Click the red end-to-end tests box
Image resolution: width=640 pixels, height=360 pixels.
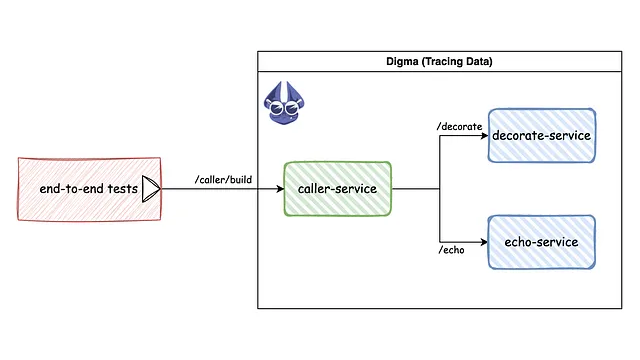tap(89, 188)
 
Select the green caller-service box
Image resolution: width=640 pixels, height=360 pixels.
tap(337, 188)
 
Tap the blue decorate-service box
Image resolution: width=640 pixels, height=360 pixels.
tap(542, 136)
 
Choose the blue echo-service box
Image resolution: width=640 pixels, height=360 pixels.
tap(542, 242)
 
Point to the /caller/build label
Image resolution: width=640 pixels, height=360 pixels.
tap(223, 180)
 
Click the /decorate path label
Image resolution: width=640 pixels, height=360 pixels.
tap(460, 126)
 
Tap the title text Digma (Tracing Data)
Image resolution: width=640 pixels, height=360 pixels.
tap(439, 62)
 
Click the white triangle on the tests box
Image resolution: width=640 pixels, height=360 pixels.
tap(151, 188)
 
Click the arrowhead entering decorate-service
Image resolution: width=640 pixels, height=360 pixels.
tap(483, 136)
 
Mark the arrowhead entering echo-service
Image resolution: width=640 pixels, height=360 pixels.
tap(483, 242)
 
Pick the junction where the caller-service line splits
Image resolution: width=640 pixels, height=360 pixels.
tap(440, 188)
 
